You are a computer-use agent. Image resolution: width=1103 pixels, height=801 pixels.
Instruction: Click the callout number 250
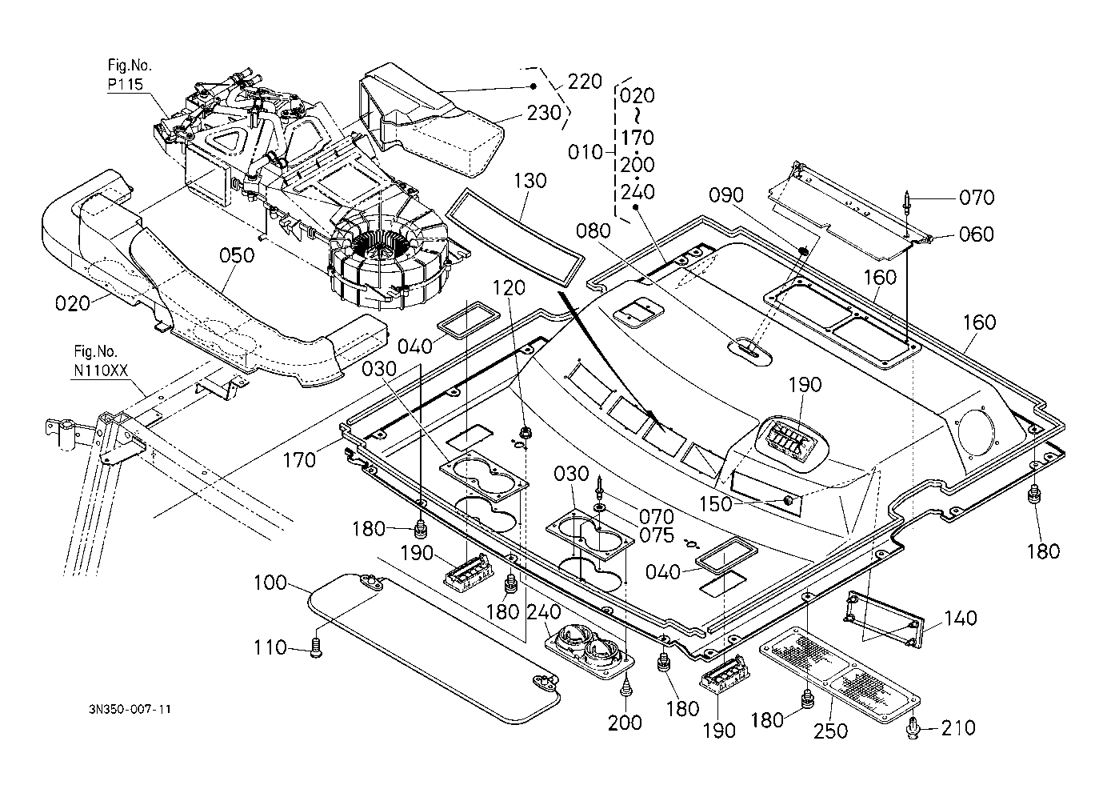tap(831, 731)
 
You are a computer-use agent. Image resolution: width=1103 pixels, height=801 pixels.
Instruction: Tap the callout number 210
tap(958, 727)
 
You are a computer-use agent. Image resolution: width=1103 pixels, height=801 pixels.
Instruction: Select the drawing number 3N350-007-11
tap(130, 709)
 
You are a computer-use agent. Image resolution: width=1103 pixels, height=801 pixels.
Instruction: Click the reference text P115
tap(126, 84)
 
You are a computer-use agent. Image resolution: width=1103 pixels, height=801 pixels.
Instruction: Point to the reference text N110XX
tap(101, 370)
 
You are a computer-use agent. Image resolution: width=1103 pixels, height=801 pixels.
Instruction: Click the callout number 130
tap(530, 181)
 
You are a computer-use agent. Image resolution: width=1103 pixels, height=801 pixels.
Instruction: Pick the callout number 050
tap(237, 256)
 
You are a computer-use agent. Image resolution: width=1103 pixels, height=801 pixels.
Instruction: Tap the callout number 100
tap(270, 583)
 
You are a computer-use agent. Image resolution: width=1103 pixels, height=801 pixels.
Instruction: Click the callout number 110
tap(270, 647)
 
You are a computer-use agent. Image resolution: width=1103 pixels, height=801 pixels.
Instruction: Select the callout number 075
tap(657, 535)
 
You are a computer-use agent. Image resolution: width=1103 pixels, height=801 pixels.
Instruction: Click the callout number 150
tap(717, 504)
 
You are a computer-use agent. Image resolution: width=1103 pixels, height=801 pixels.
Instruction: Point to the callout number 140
tap(960, 619)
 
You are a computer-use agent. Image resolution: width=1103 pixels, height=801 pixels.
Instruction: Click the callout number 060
tap(977, 234)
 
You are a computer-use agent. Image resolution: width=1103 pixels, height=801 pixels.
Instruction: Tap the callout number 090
tap(726, 195)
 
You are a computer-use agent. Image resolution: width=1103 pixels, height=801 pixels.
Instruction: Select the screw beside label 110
tap(317, 649)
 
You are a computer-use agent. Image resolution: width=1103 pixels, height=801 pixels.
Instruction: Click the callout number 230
tap(544, 114)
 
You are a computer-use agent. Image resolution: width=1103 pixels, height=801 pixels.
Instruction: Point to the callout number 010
tap(585, 152)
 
